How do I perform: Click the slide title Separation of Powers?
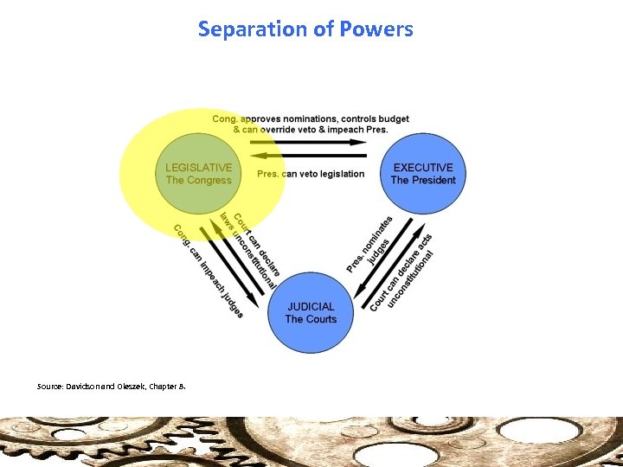pos(305,29)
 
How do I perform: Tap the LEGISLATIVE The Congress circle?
pos(198,174)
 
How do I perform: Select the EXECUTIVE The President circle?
pos(422,174)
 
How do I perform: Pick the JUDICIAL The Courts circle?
pos(311,312)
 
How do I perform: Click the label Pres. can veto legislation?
pos(311,174)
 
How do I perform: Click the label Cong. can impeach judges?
pos(208,271)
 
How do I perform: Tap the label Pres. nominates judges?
pos(370,245)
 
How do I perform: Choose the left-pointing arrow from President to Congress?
pos(311,157)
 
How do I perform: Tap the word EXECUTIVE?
pos(423,168)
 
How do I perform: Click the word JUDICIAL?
pos(311,306)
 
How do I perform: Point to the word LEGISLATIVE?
pos(199,168)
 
